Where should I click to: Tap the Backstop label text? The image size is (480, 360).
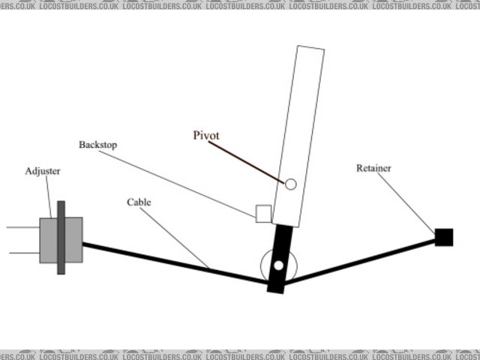98,143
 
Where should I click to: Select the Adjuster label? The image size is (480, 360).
42,172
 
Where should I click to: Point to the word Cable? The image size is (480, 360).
139,202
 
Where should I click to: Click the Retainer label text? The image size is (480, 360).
373,168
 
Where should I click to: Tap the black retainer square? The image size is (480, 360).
444,237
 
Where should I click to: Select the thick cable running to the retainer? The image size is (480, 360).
360,261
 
